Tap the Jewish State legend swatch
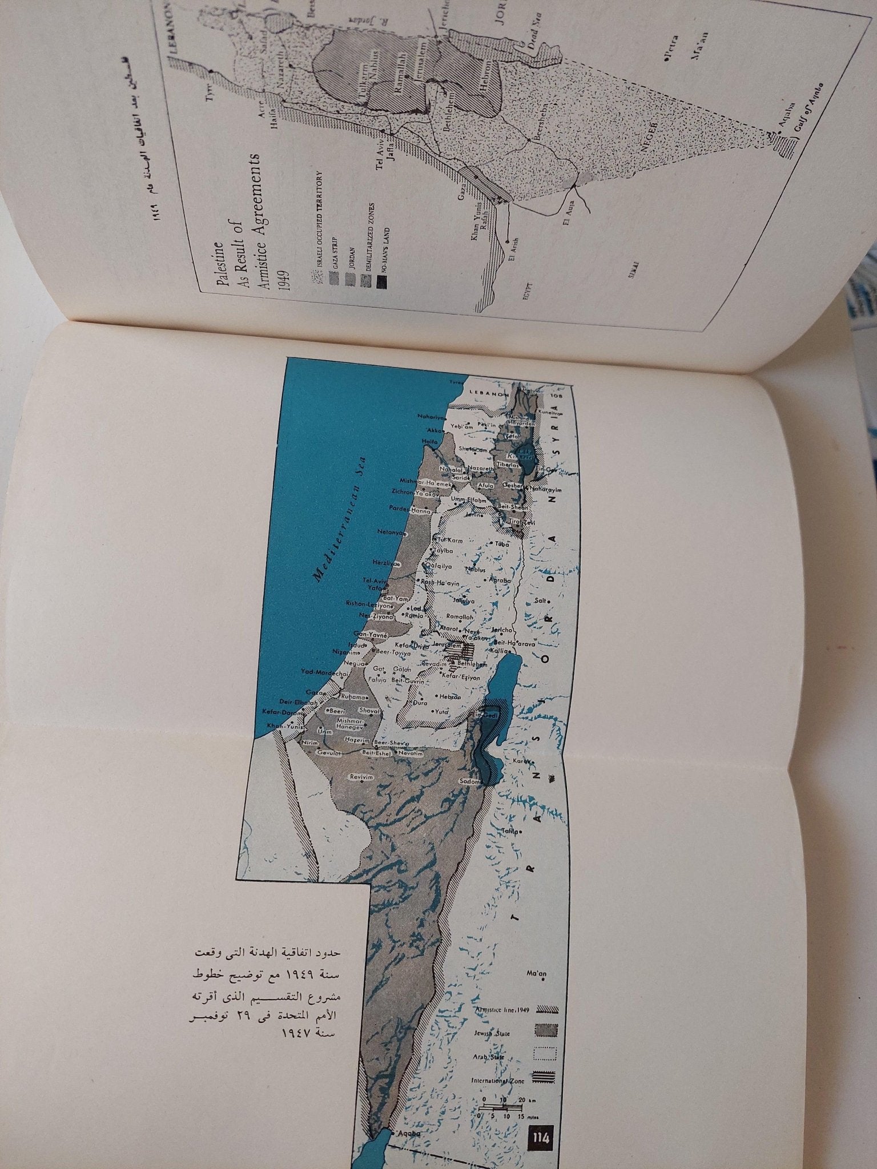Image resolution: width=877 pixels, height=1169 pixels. tap(546, 998)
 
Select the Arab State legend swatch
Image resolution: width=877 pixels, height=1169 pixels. tap(546, 1021)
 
